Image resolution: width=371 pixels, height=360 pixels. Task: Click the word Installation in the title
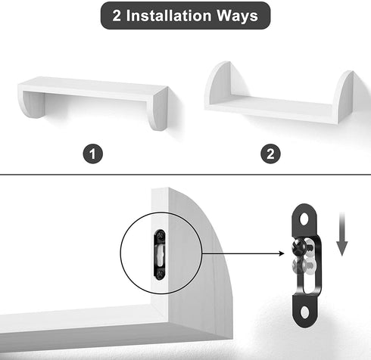tap(169, 16)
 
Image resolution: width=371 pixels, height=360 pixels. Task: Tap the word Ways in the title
tap(238, 16)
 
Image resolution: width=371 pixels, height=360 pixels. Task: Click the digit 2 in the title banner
tap(117, 16)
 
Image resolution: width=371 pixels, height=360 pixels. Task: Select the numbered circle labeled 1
tap(93, 154)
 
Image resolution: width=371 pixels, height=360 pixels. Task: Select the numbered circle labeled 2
tap(270, 154)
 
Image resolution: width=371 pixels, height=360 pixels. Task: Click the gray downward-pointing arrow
tap(342, 234)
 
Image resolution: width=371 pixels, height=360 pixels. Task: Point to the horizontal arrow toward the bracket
tap(243, 253)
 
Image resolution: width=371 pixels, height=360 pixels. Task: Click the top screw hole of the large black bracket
tap(305, 219)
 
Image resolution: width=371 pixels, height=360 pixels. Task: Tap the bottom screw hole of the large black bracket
tap(305, 313)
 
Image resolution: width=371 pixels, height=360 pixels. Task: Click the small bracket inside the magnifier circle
tap(160, 254)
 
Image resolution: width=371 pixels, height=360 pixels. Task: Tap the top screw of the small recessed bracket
tap(161, 236)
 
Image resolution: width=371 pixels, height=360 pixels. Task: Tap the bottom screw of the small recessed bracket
tap(161, 273)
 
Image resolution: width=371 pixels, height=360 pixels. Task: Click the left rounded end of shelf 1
tap(32, 104)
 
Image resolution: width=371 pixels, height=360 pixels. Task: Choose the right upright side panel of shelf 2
tap(343, 97)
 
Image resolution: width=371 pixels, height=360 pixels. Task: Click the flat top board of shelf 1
tap(93, 88)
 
